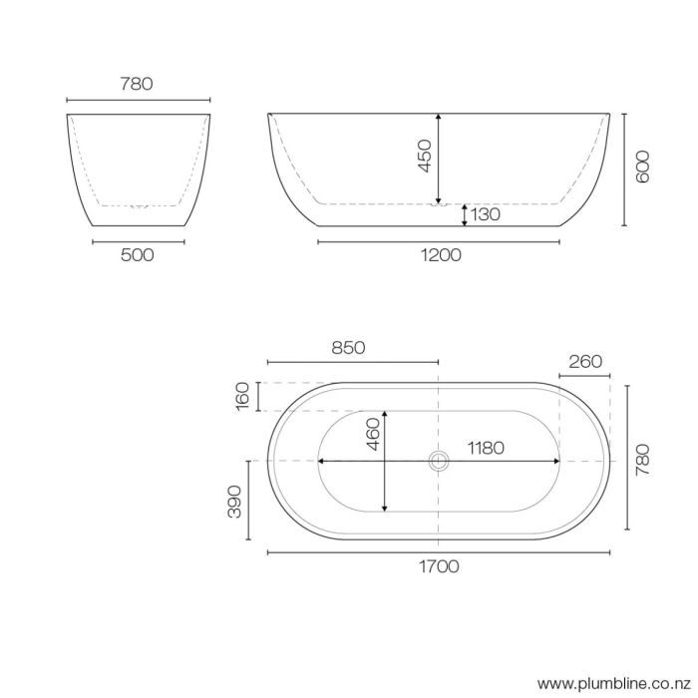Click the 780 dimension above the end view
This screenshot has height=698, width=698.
[x=137, y=84]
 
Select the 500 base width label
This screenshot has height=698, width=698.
[x=137, y=255]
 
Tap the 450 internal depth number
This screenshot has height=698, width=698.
[x=424, y=157]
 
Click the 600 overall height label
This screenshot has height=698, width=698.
[x=642, y=168]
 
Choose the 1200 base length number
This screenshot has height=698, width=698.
[x=440, y=255]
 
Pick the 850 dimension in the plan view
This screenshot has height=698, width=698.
[x=348, y=348]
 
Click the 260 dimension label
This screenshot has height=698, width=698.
[x=585, y=361]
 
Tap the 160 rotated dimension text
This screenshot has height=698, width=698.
[x=242, y=396]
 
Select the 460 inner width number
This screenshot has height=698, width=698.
[x=371, y=436]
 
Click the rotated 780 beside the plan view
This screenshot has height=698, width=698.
[x=642, y=459]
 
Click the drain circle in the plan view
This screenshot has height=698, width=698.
[x=439, y=461]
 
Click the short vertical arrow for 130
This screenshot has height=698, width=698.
[x=465, y=214]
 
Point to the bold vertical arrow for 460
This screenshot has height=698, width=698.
[x=386, y=461]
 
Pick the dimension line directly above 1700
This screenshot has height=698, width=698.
[x=439, y=551]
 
